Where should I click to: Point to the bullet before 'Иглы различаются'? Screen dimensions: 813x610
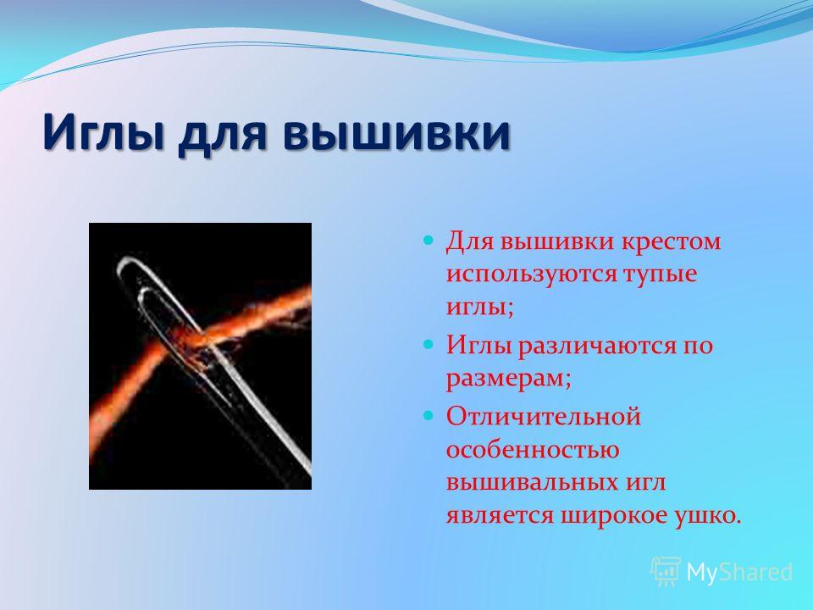click(x=428, y=344)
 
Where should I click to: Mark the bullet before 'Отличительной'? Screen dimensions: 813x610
click(x=428, y=415)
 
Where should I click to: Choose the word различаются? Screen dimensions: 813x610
click(x=596, y=346)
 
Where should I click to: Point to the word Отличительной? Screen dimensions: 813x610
click(x=544, y=417)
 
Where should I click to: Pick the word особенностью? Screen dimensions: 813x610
click(x=533, y=450)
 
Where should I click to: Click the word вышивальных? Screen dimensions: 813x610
click(x=529, y=483)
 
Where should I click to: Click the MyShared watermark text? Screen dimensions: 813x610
click(x=739, y=572)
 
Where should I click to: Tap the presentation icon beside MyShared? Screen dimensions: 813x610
click(x=666, y=572)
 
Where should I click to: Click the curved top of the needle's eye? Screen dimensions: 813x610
click(x=128, y=261)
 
